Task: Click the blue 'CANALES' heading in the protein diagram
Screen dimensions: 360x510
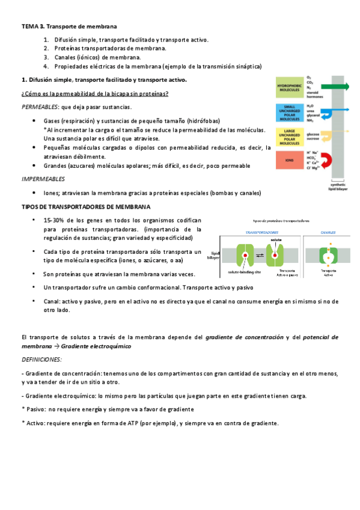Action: [x=328, y=232]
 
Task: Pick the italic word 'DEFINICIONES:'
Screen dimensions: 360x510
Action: [x=41, y=359]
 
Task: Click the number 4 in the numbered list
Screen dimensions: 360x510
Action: [x=46, y=66]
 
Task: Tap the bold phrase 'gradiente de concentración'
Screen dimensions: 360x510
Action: [x=244, y=337]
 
